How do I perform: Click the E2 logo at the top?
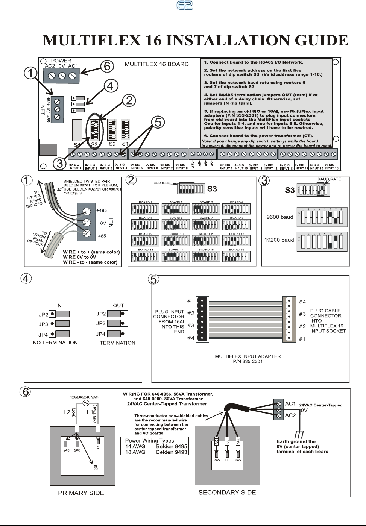[183, 5]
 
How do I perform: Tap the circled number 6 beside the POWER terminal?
[107, 66]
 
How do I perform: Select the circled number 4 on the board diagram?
[109, 86]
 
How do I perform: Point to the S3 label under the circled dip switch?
[95, 144]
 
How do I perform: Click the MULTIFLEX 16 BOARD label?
[156, 64]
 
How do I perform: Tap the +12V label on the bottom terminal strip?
[193, 164]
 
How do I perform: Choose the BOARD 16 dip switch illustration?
[237, 256]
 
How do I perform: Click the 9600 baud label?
[279, 217]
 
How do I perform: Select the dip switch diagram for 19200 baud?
[322, 241]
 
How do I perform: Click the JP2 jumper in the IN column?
[60, 314]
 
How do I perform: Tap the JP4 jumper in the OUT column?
[118, 333]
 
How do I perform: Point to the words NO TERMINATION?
[55, 343]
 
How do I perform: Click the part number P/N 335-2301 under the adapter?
[248, 362]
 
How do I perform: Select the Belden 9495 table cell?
[172, 446]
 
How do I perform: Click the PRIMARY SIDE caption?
[81, 493]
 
